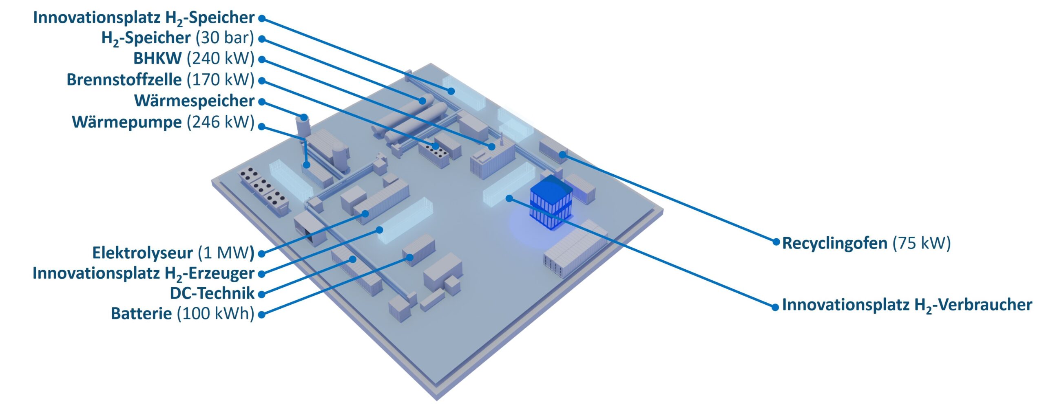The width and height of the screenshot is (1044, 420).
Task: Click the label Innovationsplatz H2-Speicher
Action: click(x=144, y=18)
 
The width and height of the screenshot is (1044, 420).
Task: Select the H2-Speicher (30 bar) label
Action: click(x=178, y=39)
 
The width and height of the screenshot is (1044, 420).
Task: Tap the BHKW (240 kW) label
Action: click(x=194, y=59)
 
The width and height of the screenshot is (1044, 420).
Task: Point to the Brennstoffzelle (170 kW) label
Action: click(x=160, y=80)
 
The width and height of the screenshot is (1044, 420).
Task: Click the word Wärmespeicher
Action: click(x=194, y=101)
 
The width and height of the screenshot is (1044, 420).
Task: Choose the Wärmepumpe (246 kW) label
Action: click(x=163, y=122)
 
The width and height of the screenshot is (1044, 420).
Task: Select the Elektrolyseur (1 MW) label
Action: click(x=173, y=253)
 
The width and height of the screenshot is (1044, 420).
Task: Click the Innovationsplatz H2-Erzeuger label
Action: click(x=144, y=274)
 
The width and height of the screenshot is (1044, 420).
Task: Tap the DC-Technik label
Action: click(x=212, y=293)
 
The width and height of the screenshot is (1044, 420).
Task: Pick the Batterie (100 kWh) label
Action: click(x=183, y=314)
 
